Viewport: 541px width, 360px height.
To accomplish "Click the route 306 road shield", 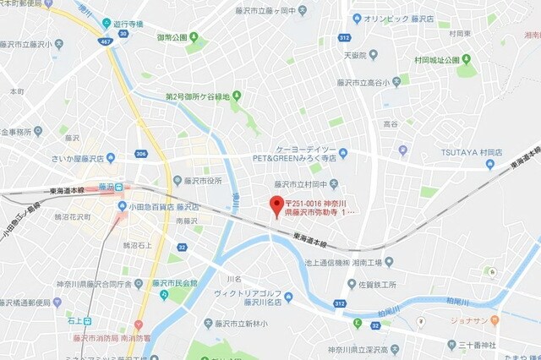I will [140, 153].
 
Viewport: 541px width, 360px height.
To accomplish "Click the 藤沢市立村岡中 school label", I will [300, 184].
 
